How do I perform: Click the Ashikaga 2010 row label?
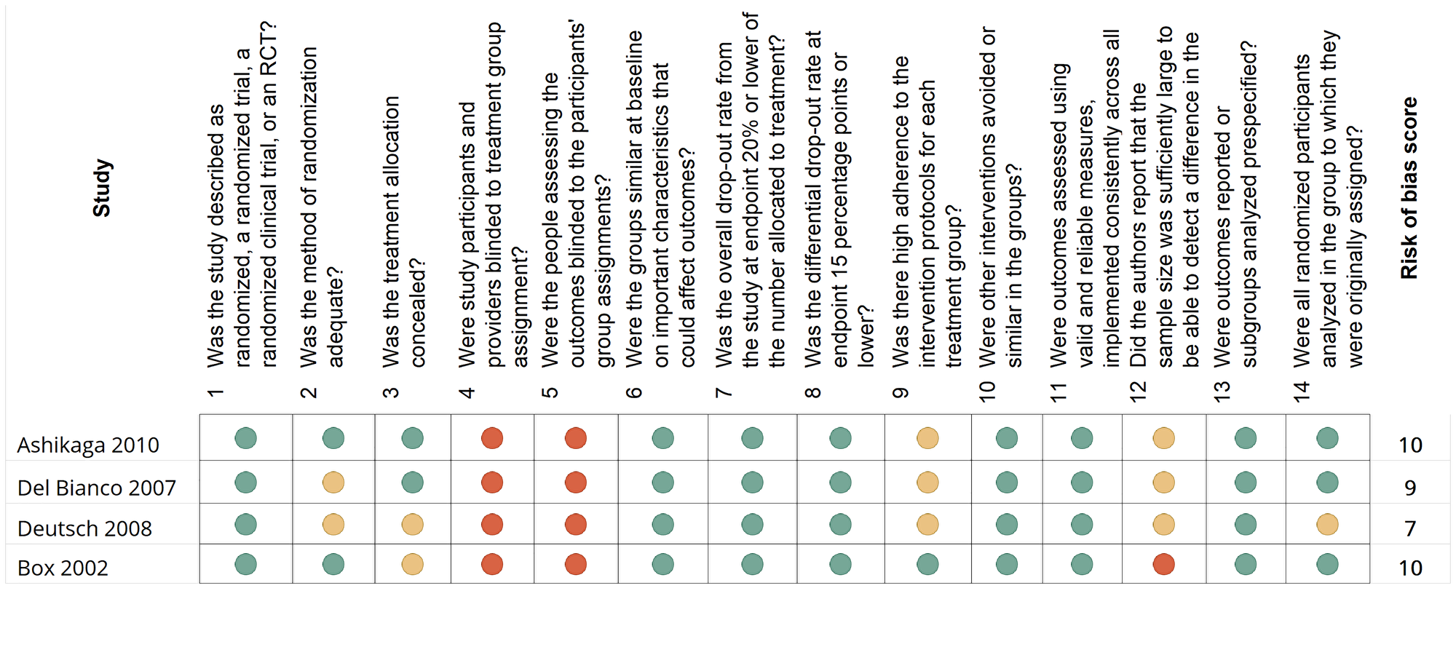point(88,445)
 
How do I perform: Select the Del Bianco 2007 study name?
point(97,488)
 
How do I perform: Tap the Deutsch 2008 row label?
point(84,528)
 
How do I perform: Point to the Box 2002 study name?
point(63,568)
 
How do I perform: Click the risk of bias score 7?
point(1410,528)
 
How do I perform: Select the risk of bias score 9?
point(1410,488)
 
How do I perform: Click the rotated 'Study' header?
point(102,188)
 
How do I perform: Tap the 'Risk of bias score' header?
point(1409,188)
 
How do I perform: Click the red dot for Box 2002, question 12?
point(1163,564)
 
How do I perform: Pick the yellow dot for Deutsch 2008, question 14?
point(1327,525)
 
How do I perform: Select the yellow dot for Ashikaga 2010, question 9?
point(927,438)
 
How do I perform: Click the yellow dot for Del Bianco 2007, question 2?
point(333,483)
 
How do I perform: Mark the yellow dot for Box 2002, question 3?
point(413,564)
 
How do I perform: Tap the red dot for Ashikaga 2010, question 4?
point(492,438)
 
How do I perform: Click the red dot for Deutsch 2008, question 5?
point(576,525)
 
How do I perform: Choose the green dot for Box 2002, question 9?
point(927,564)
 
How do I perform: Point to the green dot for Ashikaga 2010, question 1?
point(246,438)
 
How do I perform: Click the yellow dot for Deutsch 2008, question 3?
point(413,525)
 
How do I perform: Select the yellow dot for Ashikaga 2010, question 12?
point(1163,438)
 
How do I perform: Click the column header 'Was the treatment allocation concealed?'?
point(404,233)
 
